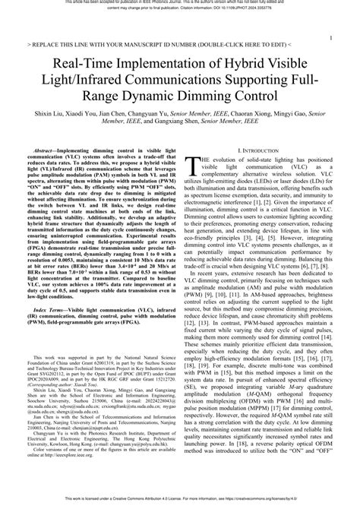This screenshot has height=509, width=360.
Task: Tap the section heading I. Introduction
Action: (x=260, y=152)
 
